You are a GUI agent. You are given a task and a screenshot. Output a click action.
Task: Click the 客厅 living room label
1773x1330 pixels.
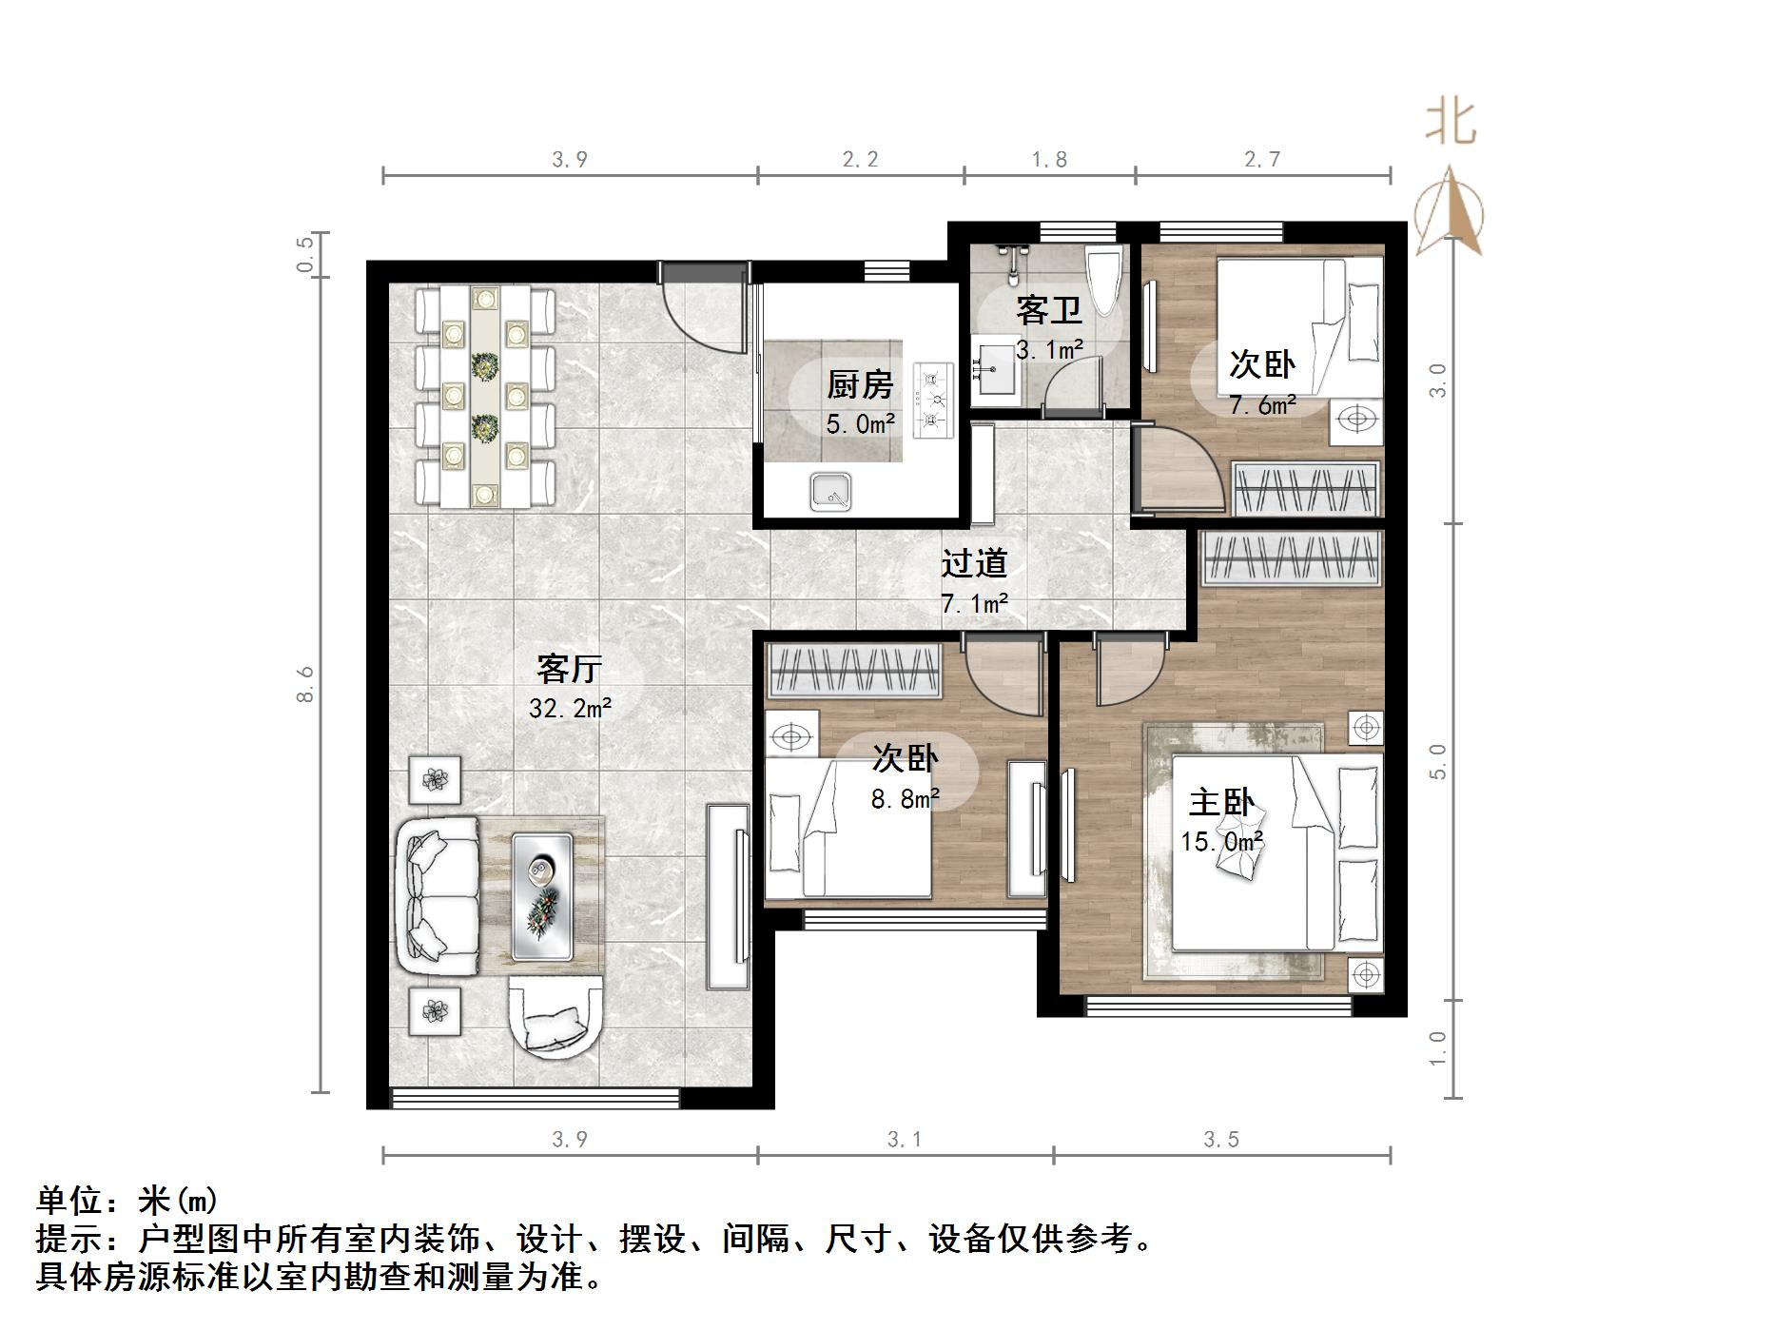pyautogui.click(x=569, y=670)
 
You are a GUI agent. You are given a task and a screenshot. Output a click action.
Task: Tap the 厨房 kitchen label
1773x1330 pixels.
pyautogui.click(x=860, y=384)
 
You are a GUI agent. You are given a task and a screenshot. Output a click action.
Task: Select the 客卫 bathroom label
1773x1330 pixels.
pyautogui.click(x=1048, y=310)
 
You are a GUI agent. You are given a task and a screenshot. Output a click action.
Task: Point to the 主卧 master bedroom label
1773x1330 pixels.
pyautogui.click(x=1221, y=803)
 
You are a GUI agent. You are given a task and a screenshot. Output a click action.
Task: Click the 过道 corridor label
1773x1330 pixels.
pyautogui.click(x=974, y=563)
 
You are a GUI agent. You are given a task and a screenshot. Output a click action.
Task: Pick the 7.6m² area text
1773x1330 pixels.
pyautogui.click(x=1262, y=405)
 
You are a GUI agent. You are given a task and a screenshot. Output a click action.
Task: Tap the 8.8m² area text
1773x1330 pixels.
pyautogui.click(x=906, y=799)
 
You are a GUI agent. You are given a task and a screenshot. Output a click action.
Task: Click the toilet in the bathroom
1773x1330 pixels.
pyautogui.click(x=1105, y=281)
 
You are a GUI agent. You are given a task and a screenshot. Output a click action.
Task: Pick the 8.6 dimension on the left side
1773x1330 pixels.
pyautogui.click(x=304, y=685)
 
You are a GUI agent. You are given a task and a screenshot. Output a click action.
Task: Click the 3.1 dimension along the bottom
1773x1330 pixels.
pyautogui.click(x=904, y=1139)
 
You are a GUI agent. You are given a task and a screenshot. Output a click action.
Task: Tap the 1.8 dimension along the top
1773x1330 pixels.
pyautogui.click(x=1049, y=160)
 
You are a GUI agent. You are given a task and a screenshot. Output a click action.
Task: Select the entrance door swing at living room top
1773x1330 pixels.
pyautogui.click(x=702, y=309)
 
